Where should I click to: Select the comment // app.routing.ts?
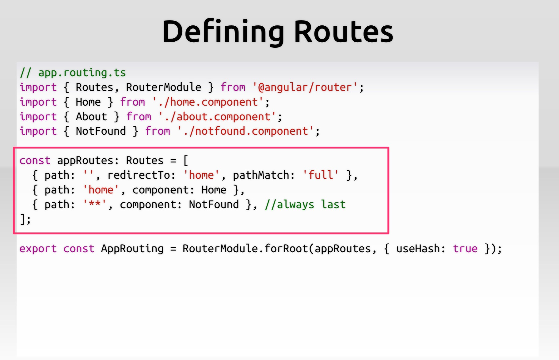coord(73,73)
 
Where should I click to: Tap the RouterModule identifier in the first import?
coord(164,88)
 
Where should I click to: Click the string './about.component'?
coord(217,117)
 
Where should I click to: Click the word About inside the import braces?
coord(91,117)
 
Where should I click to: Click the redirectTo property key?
coord(139,175)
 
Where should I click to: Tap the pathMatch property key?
coord(261,175)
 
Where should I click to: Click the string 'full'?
coord(321,175)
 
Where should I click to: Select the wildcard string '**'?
coord(95,204)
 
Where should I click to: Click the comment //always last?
coord(305,204)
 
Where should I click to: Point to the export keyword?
coord(38,249)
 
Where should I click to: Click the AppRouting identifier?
coord(132,249)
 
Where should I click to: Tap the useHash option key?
coord(418,249)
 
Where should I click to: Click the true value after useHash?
coord(465,249)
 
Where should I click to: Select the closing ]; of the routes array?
coord(25,219)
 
